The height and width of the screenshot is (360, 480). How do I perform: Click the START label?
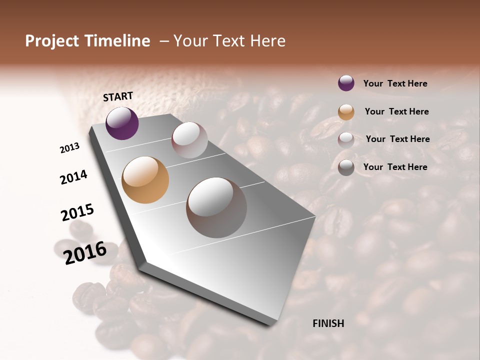tap(118, 96)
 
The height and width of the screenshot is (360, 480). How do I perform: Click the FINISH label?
tap(328, 323)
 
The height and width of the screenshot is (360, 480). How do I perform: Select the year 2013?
tap(69, 148)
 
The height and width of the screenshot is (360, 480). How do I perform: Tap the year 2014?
tap(73, 177)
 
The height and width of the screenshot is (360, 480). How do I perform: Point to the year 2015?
tap(77, 212)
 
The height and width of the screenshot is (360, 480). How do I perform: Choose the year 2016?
tap(85, 252)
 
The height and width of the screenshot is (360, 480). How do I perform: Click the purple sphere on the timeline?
tap(122, 123)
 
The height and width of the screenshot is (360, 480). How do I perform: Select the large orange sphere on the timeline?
tap(145, 180)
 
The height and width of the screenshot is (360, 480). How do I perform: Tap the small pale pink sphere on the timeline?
tap(189, 140)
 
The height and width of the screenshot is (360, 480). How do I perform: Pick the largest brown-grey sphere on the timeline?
tap(216, 207)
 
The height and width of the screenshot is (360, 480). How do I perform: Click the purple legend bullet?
tap(346, 83)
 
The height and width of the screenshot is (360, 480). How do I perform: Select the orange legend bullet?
tap(346, 111)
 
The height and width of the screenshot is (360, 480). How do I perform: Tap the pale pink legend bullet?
tap(346, 139)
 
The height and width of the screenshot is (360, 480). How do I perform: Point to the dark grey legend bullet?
tap(346, 167)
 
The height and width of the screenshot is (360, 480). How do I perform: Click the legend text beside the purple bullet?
tap(395, 83)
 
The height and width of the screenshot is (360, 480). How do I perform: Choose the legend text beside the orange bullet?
tap(396, 111)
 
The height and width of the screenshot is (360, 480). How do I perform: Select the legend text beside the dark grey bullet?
tap(395, 167)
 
